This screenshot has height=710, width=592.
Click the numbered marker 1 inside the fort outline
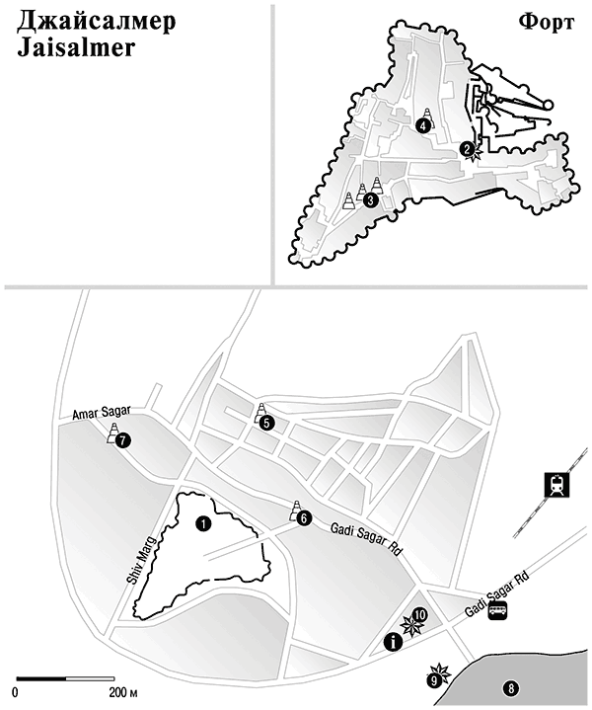[x=203, y=524]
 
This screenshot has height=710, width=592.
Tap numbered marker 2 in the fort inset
[x=467, y=148]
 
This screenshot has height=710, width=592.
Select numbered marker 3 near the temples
[x=370, y=200]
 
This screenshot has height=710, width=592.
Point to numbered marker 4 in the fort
[x=422, y=125]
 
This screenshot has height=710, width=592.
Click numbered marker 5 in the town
[x=266, y=423]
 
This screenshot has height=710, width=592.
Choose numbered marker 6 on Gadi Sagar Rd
[x=304, y=518]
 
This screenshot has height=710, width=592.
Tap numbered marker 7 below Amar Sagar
[x=122, y=440]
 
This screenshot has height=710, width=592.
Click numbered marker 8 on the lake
[x=511, y=689]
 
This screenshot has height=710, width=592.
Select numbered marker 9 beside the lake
[x=434, y=680]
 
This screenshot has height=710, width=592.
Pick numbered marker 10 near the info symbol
[x=420, y=614]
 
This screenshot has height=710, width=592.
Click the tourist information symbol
[x=393, y=642]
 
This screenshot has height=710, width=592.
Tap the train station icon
[x=556, y=485]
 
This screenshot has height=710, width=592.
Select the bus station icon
[x=498, y=611]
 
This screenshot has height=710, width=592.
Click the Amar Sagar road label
[x=102, y=413]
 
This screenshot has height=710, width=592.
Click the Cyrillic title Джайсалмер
[x=97, y=22]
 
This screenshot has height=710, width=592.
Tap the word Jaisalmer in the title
[x=76, y=47]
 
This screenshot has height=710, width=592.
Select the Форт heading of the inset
[x=547, y=22]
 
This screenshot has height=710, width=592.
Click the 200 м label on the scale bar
[x=123, y=692]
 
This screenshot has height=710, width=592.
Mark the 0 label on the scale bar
[x=16, y=693]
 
